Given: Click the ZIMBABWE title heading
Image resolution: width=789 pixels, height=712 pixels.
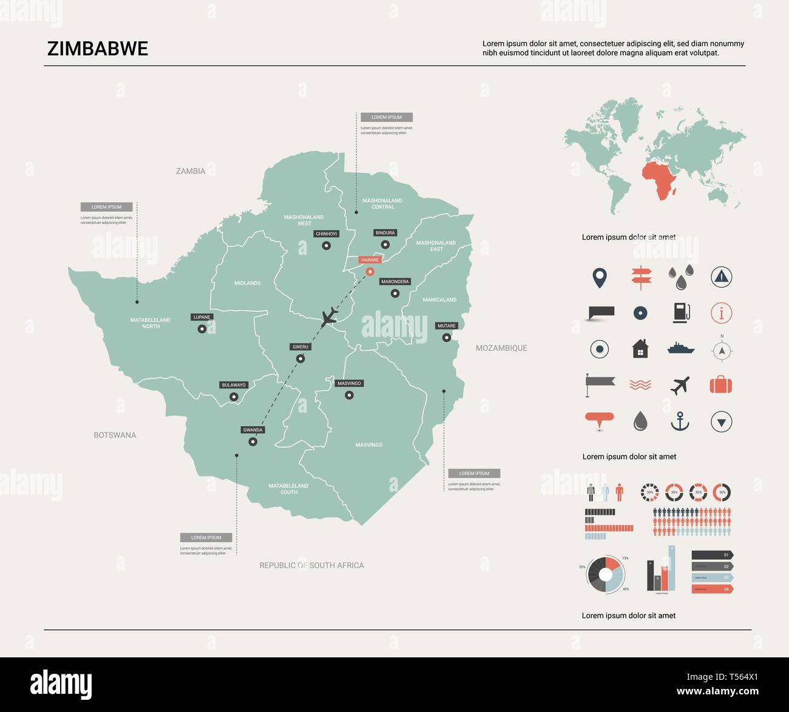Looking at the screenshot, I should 98,49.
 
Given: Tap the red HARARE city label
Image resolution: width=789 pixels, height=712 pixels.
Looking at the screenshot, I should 370,260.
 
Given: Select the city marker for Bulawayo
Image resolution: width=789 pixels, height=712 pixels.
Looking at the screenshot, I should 234,397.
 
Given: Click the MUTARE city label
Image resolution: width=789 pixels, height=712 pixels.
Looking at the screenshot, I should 446,326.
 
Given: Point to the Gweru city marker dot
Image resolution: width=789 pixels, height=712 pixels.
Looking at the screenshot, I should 300,359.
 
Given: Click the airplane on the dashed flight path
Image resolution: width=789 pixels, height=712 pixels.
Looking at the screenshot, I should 329,317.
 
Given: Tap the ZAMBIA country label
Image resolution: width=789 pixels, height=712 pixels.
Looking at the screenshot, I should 191,171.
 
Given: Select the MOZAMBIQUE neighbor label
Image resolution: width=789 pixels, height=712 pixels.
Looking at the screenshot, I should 501,348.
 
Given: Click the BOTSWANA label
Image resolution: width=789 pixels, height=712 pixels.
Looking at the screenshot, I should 115,435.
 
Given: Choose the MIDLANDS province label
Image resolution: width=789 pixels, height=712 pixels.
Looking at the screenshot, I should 248,283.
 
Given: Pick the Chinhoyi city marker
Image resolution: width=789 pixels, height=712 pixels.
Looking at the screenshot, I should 327,246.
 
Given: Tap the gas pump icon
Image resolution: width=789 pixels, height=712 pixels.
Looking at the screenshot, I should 680,313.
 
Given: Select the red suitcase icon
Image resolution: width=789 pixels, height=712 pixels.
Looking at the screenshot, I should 721,385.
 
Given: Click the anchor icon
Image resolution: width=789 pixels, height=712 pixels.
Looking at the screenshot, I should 680,421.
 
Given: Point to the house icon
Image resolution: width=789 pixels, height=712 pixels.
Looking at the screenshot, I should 640,349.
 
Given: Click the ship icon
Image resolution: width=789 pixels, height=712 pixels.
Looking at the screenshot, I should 680,348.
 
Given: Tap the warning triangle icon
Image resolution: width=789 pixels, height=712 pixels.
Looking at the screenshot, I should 721,277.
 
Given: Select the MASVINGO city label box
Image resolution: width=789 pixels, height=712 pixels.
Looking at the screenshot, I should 349,384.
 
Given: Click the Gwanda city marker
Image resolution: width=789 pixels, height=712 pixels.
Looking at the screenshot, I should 253,442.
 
